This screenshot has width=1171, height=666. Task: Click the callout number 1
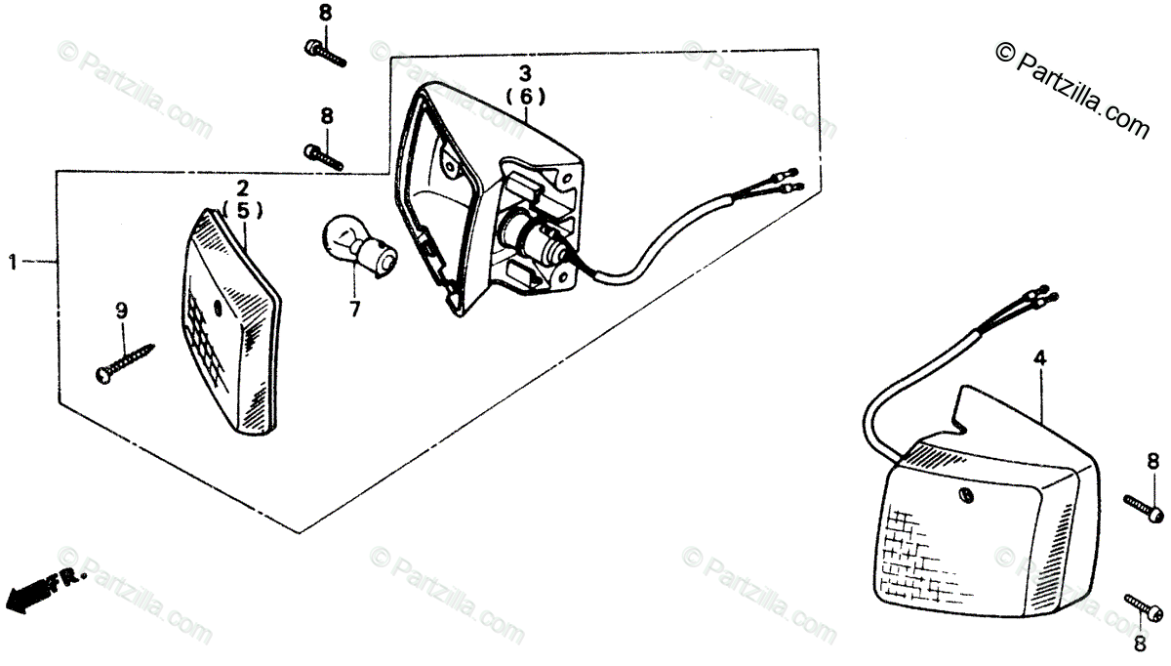(14, 262)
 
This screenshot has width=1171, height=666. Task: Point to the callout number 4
(1040, 359)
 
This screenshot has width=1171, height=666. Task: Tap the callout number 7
(354, 310)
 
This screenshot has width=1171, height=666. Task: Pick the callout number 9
(122, 311)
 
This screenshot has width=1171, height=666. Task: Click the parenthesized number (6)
(525, 97)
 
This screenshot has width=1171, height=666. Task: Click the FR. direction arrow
(45, 586)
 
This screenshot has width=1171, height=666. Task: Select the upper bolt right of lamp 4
(1143, 507)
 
